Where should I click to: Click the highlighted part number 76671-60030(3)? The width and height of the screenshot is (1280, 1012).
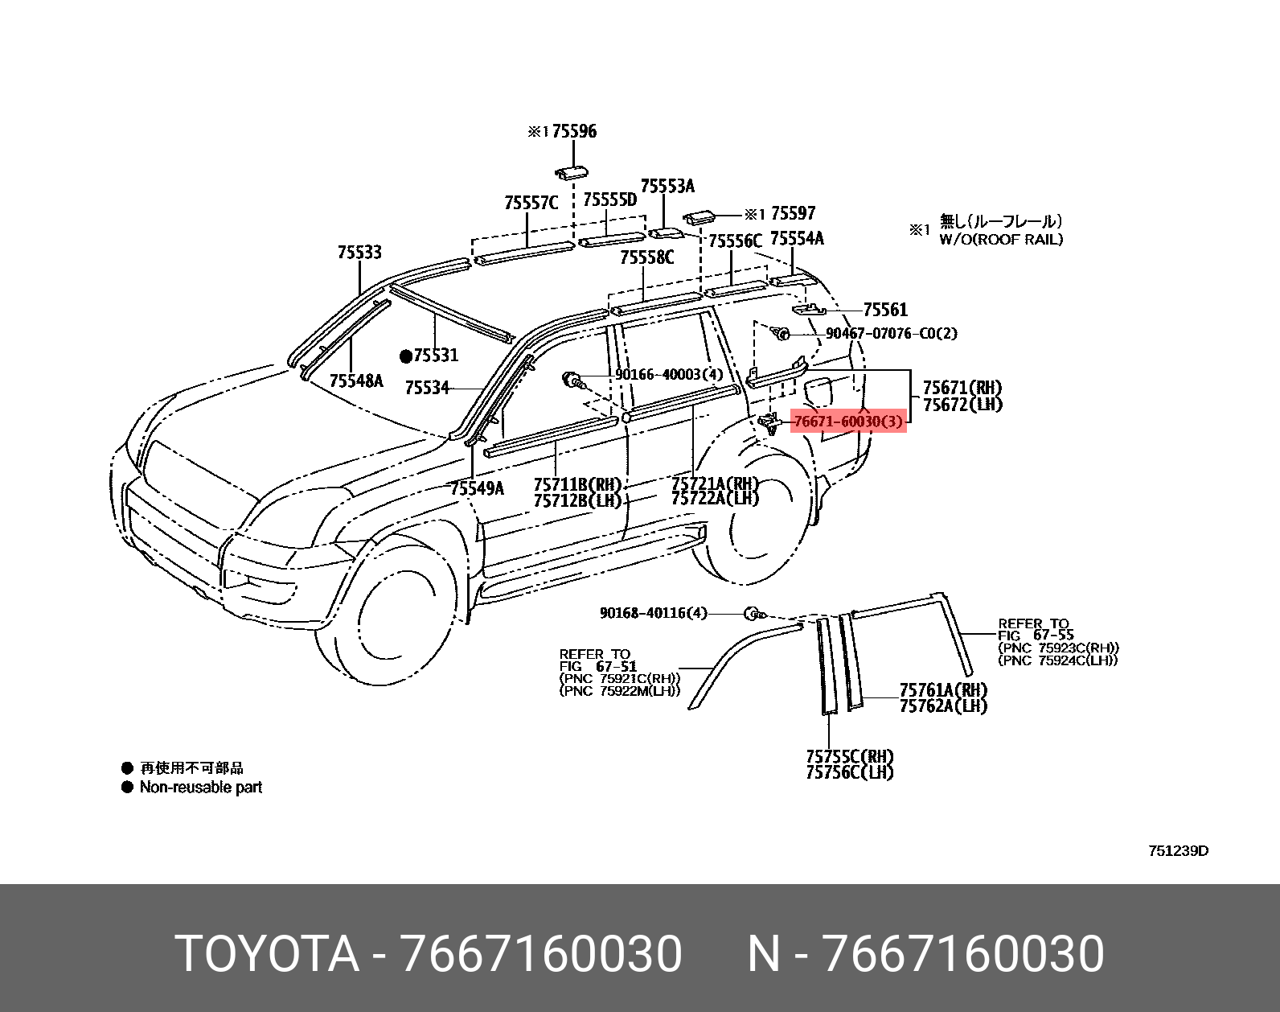tap(848, 421)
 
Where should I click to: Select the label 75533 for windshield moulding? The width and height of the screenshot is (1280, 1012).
tap(359, 253)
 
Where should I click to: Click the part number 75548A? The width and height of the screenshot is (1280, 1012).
tap(356, 381)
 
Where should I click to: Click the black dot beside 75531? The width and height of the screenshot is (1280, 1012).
tap(406, 356)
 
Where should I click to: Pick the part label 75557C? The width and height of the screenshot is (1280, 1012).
tap(531, 203)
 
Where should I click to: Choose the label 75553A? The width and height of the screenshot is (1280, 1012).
tap(667, 187)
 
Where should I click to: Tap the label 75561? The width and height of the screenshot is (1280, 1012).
tap(885, 310)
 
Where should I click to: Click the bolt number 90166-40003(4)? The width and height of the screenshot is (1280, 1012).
tap(669, 374)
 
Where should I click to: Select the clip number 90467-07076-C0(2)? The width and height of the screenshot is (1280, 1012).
tap(892, 333)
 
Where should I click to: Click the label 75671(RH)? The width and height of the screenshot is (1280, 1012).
tap(962, 388)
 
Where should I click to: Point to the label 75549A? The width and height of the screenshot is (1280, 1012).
tap(477, 487)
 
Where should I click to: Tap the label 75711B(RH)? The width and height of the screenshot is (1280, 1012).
tap(578, 484)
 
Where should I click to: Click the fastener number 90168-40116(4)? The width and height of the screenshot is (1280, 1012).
tap(653, 613)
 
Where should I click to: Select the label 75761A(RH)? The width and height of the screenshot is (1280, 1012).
tap(943, 690)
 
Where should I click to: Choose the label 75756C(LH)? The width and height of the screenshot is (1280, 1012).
tap(850, 772)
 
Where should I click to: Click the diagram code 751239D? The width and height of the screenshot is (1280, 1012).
tap(1177, 851)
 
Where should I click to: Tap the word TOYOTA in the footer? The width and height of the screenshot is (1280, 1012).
tap(266, 954)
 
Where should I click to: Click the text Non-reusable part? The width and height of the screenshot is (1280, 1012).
tap(201, 787)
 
